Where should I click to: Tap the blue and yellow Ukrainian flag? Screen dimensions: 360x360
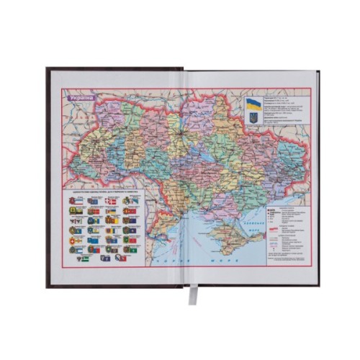tap(253, 104)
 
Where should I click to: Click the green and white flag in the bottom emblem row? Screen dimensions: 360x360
tap(85, 257)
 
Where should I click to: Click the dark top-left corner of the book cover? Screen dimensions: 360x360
tap(48, 71)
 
